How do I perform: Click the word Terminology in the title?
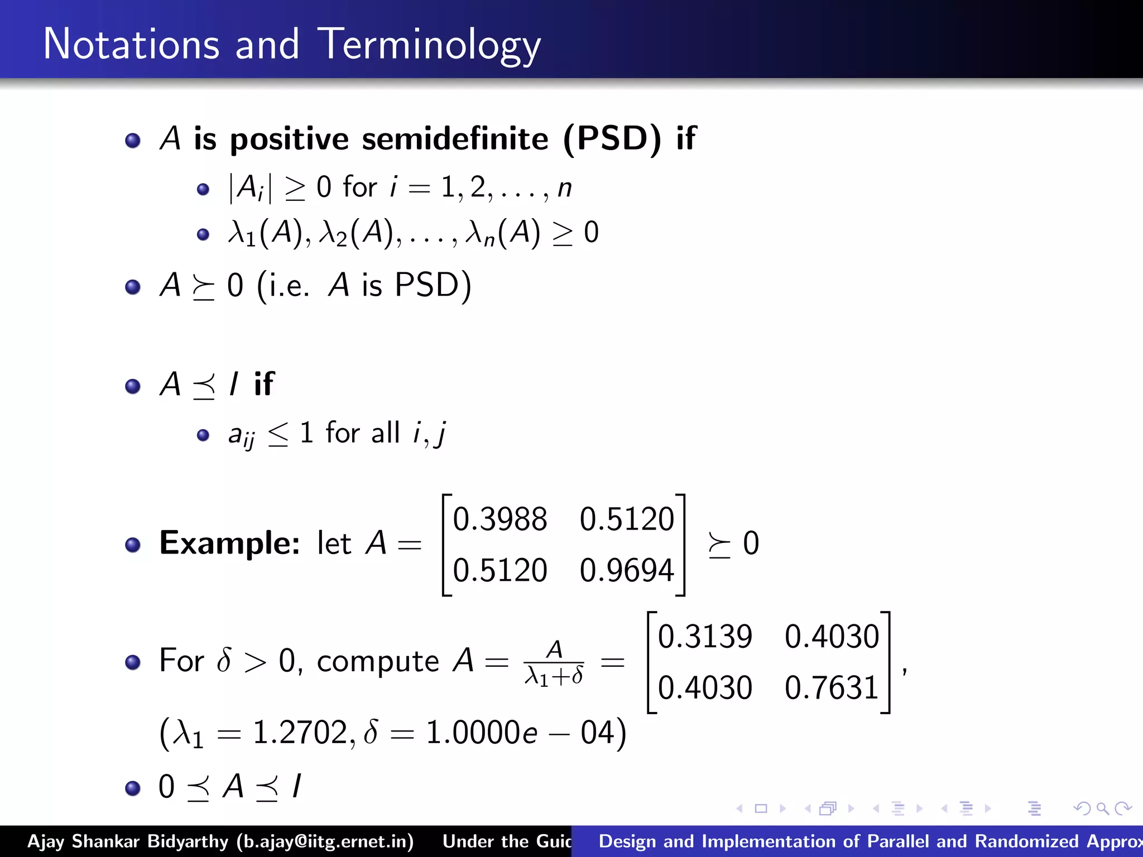click(429, 45)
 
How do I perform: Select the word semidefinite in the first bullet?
click(455, 138)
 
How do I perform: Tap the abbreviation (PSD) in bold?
click(612, 138)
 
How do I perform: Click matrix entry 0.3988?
click(500, 519)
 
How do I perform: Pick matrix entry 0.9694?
click(627, 570)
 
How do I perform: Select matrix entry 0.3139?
click(705, 636)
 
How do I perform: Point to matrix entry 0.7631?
click(832, 687)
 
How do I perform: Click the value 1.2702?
click(300, 732)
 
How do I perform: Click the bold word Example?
click(229, 543)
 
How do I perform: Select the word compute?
click(378, 662)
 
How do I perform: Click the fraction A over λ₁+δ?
click(554, 663)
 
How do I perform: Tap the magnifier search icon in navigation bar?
click(1102, 808)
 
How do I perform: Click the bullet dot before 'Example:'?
click(133, 545)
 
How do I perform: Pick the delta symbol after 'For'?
click(224, 661)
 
